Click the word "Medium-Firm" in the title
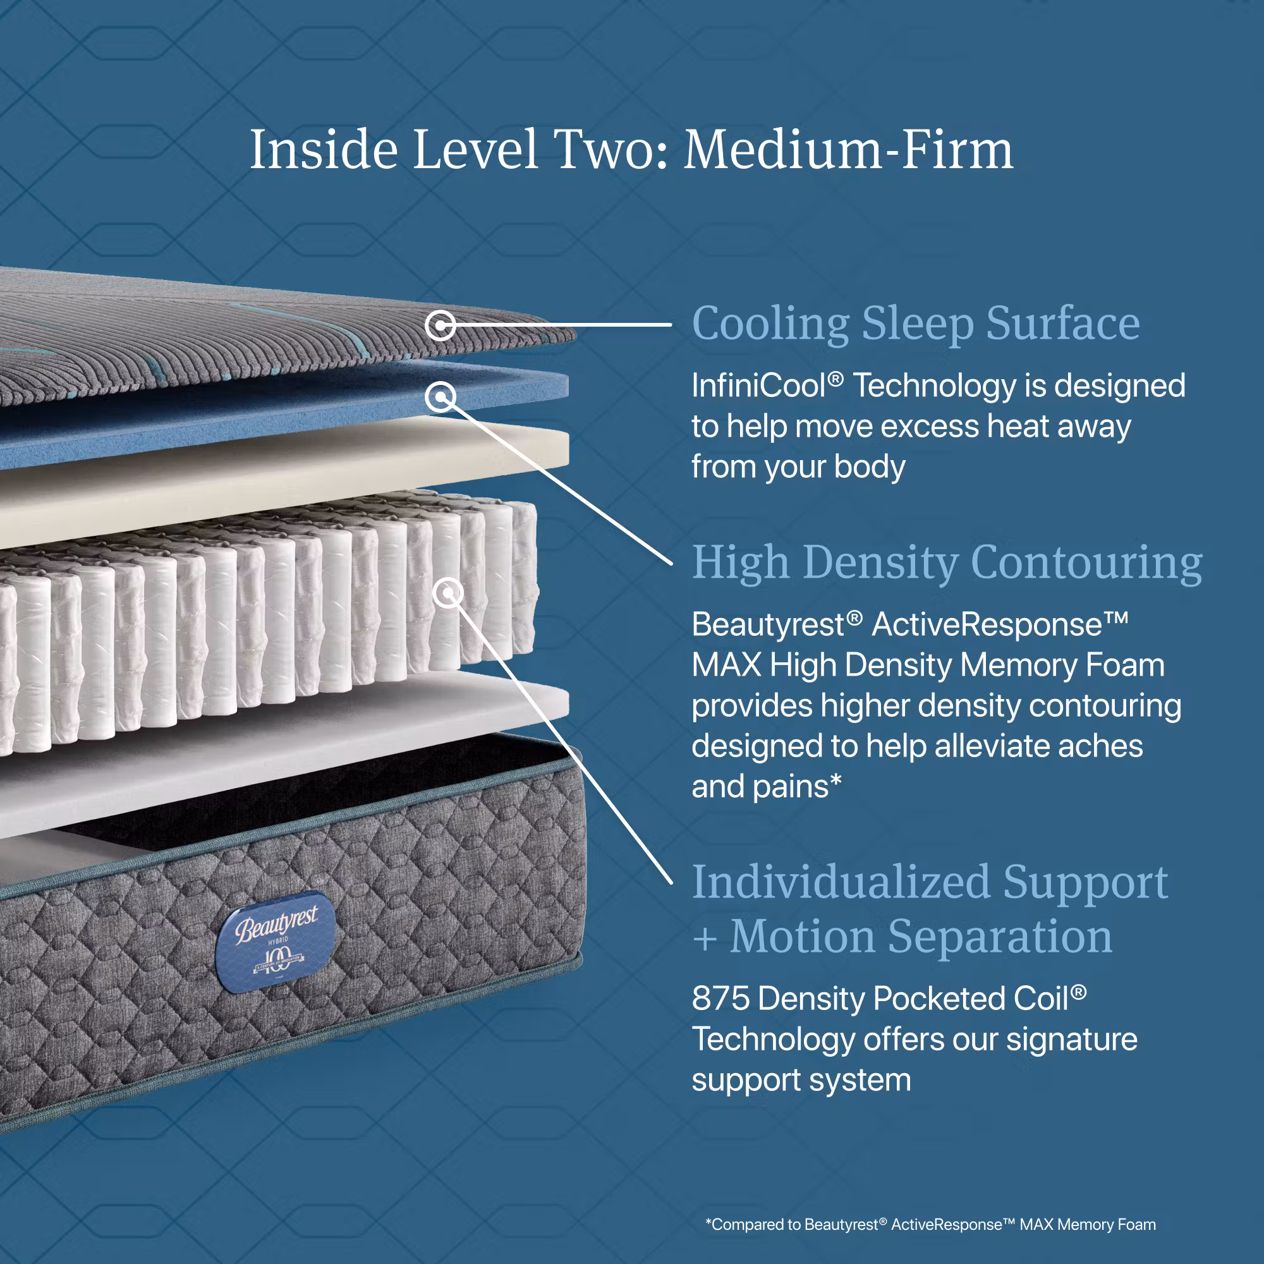click(x=849, y=149)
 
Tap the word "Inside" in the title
click(x=324, y=149)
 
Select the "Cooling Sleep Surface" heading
click(x=916, y=324)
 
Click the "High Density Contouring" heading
click(x=947, y=563)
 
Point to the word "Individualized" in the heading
click(x=841, y=882)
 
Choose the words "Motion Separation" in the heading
click(x=921, y=936)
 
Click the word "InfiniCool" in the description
click(x=759, y=386)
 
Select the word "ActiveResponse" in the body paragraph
click(x=987, y=624)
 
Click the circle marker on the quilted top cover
click(x=441, y=324)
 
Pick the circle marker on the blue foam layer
click(x=441, y=396)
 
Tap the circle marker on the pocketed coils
click(x=448, y=593)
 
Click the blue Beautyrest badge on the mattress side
click(x=276, y=942)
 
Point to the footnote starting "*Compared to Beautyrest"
click(x=930, y=1224)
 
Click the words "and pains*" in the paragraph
click(x=766, y=786)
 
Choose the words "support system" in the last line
click(x=801, y=1080)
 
